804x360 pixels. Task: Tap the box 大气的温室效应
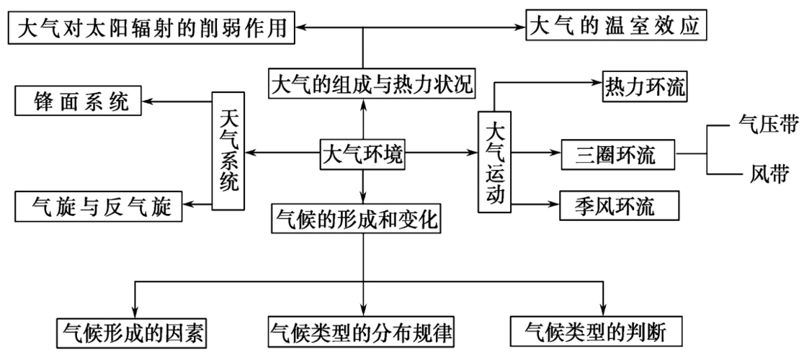615,27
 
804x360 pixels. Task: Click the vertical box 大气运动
494,162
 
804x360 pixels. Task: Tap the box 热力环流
644,89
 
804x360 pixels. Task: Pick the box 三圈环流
615,154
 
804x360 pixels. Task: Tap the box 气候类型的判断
594,332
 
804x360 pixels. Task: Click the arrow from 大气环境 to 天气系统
281,153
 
